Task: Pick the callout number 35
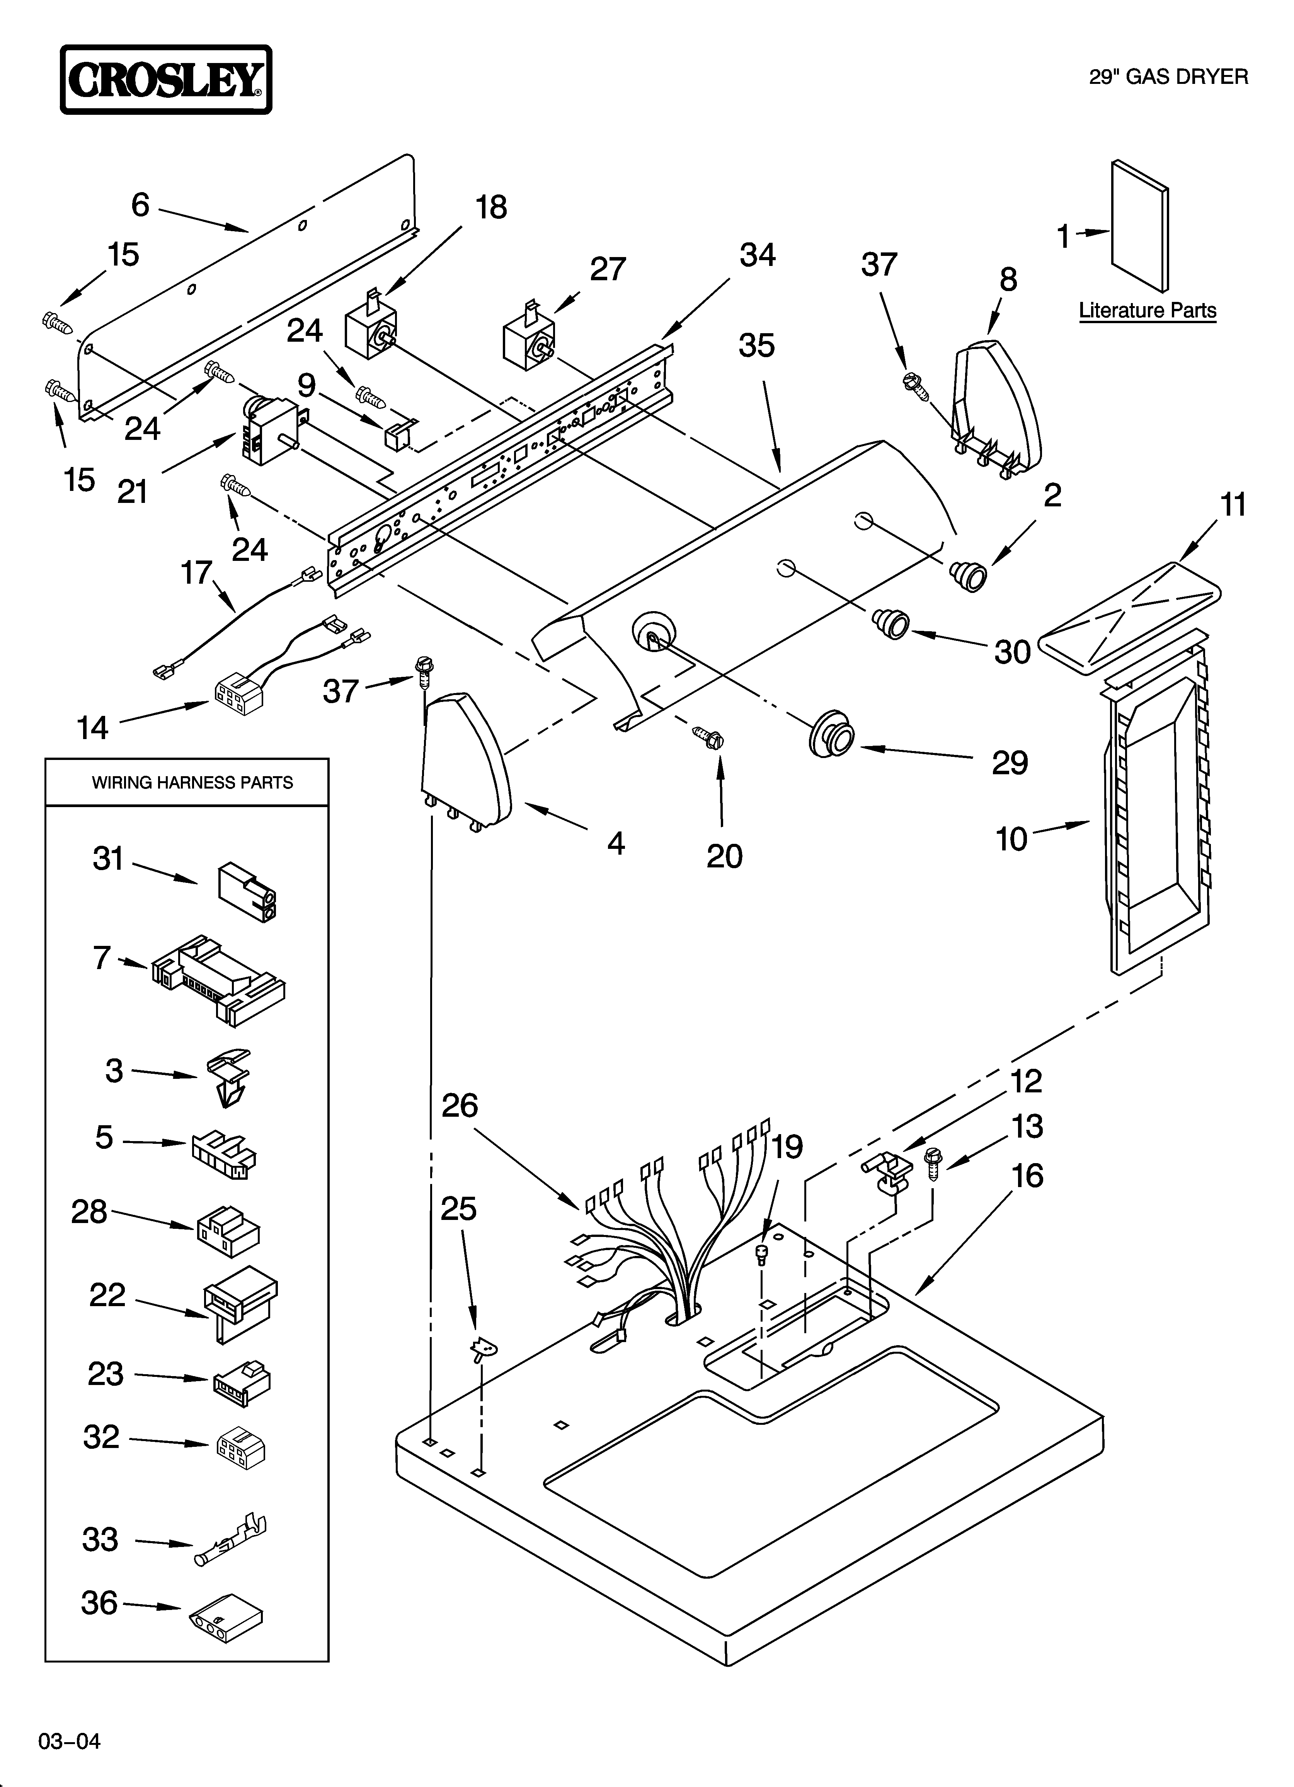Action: point(756,345)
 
